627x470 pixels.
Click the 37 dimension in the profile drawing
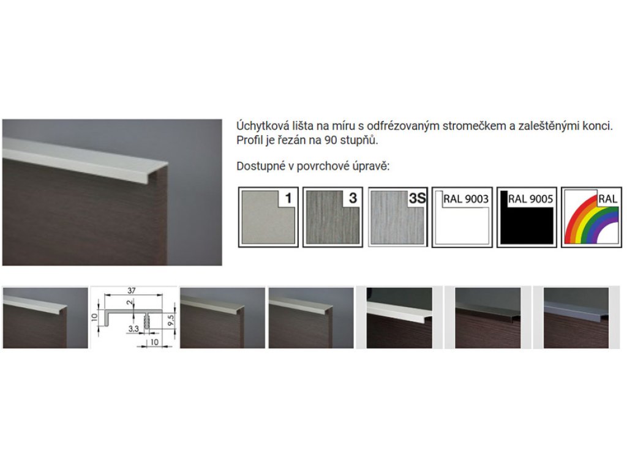point(132,291)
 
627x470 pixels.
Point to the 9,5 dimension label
point(171,319)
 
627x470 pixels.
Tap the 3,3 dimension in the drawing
point(133,329)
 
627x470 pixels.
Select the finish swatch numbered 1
point(268,217)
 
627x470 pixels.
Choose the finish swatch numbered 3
point(332,217)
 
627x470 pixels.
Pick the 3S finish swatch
point(397,217)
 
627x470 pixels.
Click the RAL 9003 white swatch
point(462,217)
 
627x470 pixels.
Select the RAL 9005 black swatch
point(527,217)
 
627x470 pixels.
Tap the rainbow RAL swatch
point(591,217)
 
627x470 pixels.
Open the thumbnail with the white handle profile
point(399,318)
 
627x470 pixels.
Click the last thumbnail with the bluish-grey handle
point(576,318)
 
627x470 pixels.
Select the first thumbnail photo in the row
point(45,318)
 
